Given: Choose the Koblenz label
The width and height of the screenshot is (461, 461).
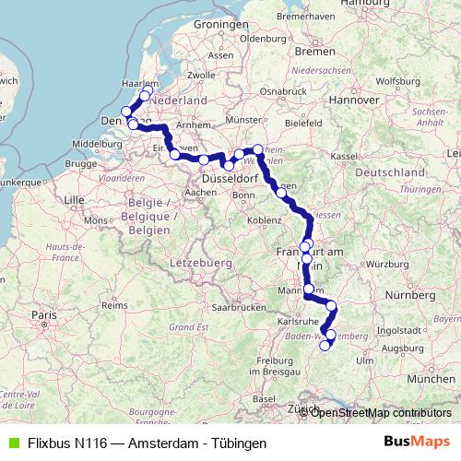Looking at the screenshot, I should [268, 221].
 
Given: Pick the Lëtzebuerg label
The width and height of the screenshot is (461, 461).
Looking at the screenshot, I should [199, 265].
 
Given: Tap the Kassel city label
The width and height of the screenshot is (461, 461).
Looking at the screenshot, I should [343, 157].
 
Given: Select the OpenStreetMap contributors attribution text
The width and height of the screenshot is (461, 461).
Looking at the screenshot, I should [381, 412].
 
